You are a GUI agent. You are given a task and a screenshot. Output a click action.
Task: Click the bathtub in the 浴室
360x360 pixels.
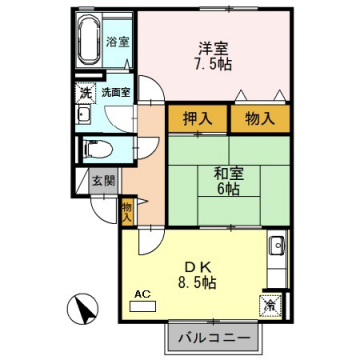[x=90, y=41]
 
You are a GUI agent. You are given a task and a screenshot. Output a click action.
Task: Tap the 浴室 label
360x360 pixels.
[x=118, y=42]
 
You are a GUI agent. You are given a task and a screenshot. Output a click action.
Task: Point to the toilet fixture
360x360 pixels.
[x=98, y=150]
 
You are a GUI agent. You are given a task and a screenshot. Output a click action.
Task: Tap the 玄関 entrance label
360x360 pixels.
[x=103, y=182]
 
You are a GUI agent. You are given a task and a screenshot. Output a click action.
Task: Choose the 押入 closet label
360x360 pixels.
[x=198, y=119]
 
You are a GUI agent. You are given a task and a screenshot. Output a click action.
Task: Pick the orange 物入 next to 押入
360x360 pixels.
[x=260, y=119]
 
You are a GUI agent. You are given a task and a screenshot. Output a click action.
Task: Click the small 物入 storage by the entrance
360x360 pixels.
[x=127, y=211]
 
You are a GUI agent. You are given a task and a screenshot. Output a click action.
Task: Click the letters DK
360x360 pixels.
[x=198, y=265]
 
